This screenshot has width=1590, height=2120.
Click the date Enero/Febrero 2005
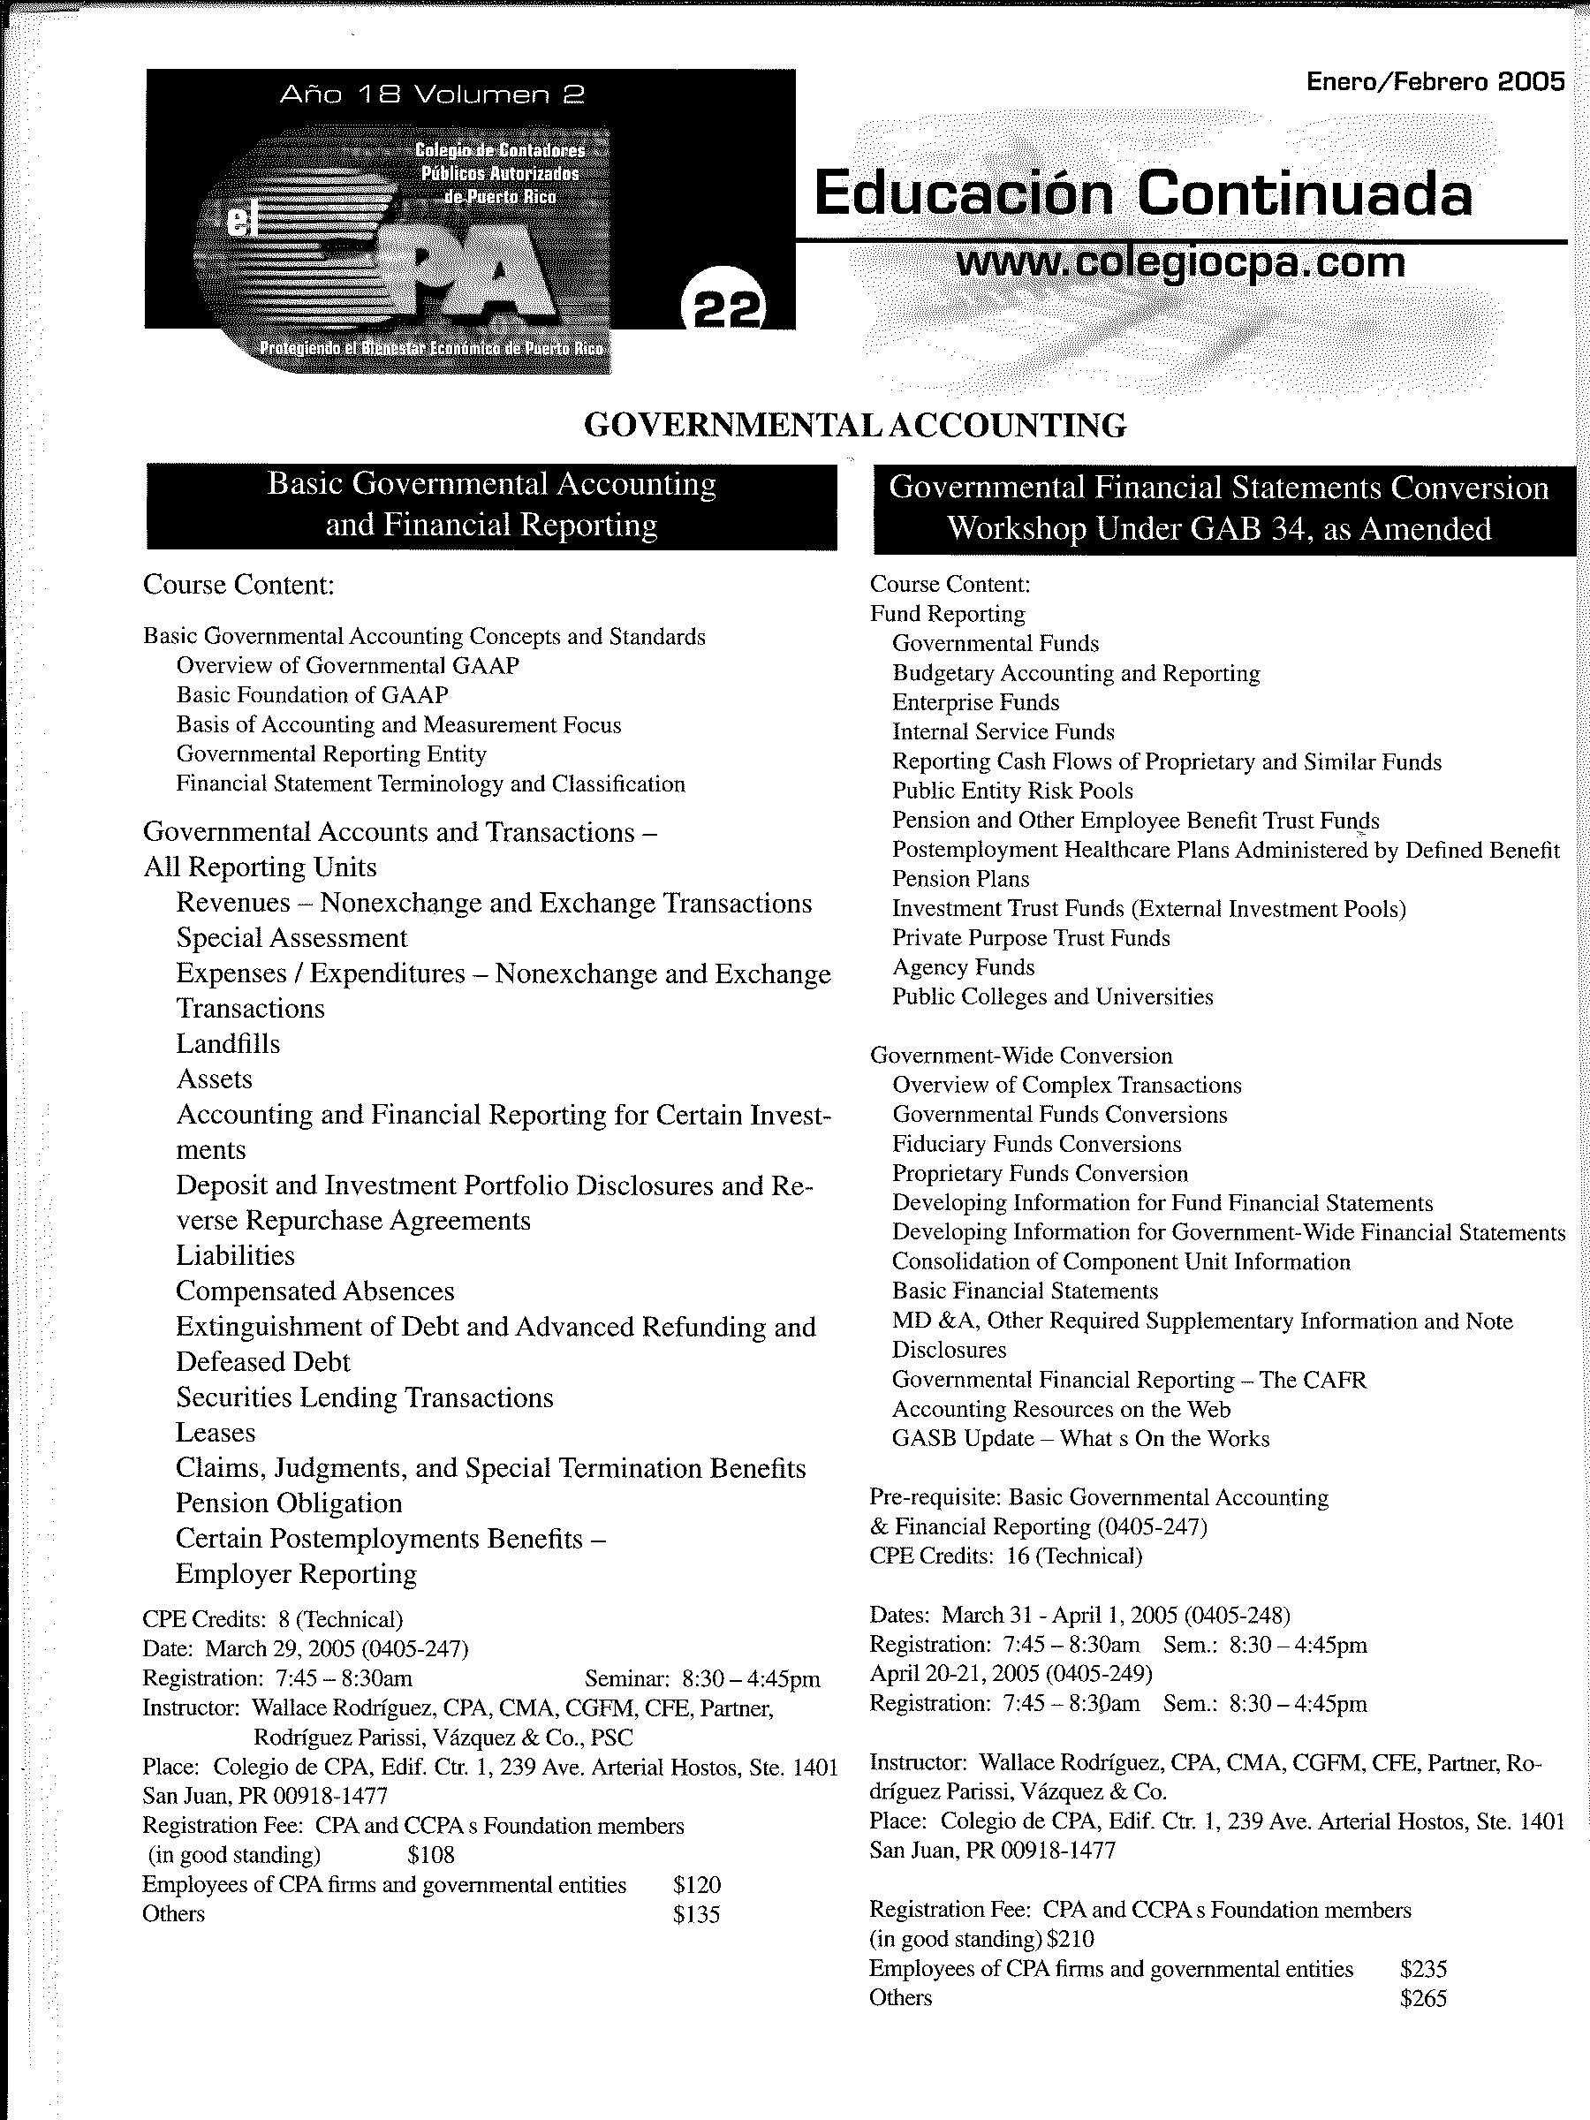point(1435,81)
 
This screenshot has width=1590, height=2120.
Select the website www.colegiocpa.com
point(1181,261)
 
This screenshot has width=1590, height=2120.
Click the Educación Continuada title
point(1142,193)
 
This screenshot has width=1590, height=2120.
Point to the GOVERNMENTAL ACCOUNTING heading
point(855,425)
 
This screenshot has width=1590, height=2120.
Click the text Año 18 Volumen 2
point(432,94)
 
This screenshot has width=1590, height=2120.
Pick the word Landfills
point(228,1044)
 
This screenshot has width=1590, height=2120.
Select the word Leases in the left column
point(216,1433)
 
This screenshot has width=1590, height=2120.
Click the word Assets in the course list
point(215,1079)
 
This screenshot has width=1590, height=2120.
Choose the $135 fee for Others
point(696,1914)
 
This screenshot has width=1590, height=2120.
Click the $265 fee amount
point(1422,1998)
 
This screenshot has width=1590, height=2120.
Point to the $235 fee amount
point(1422,1969)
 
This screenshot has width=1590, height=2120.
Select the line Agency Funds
point(963,967)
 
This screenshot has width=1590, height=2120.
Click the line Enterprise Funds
point(976,702)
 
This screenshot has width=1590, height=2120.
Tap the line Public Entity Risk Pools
point(1012,791)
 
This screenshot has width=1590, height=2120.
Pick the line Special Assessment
point(292,937)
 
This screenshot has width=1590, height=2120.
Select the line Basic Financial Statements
point(1025,1291)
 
